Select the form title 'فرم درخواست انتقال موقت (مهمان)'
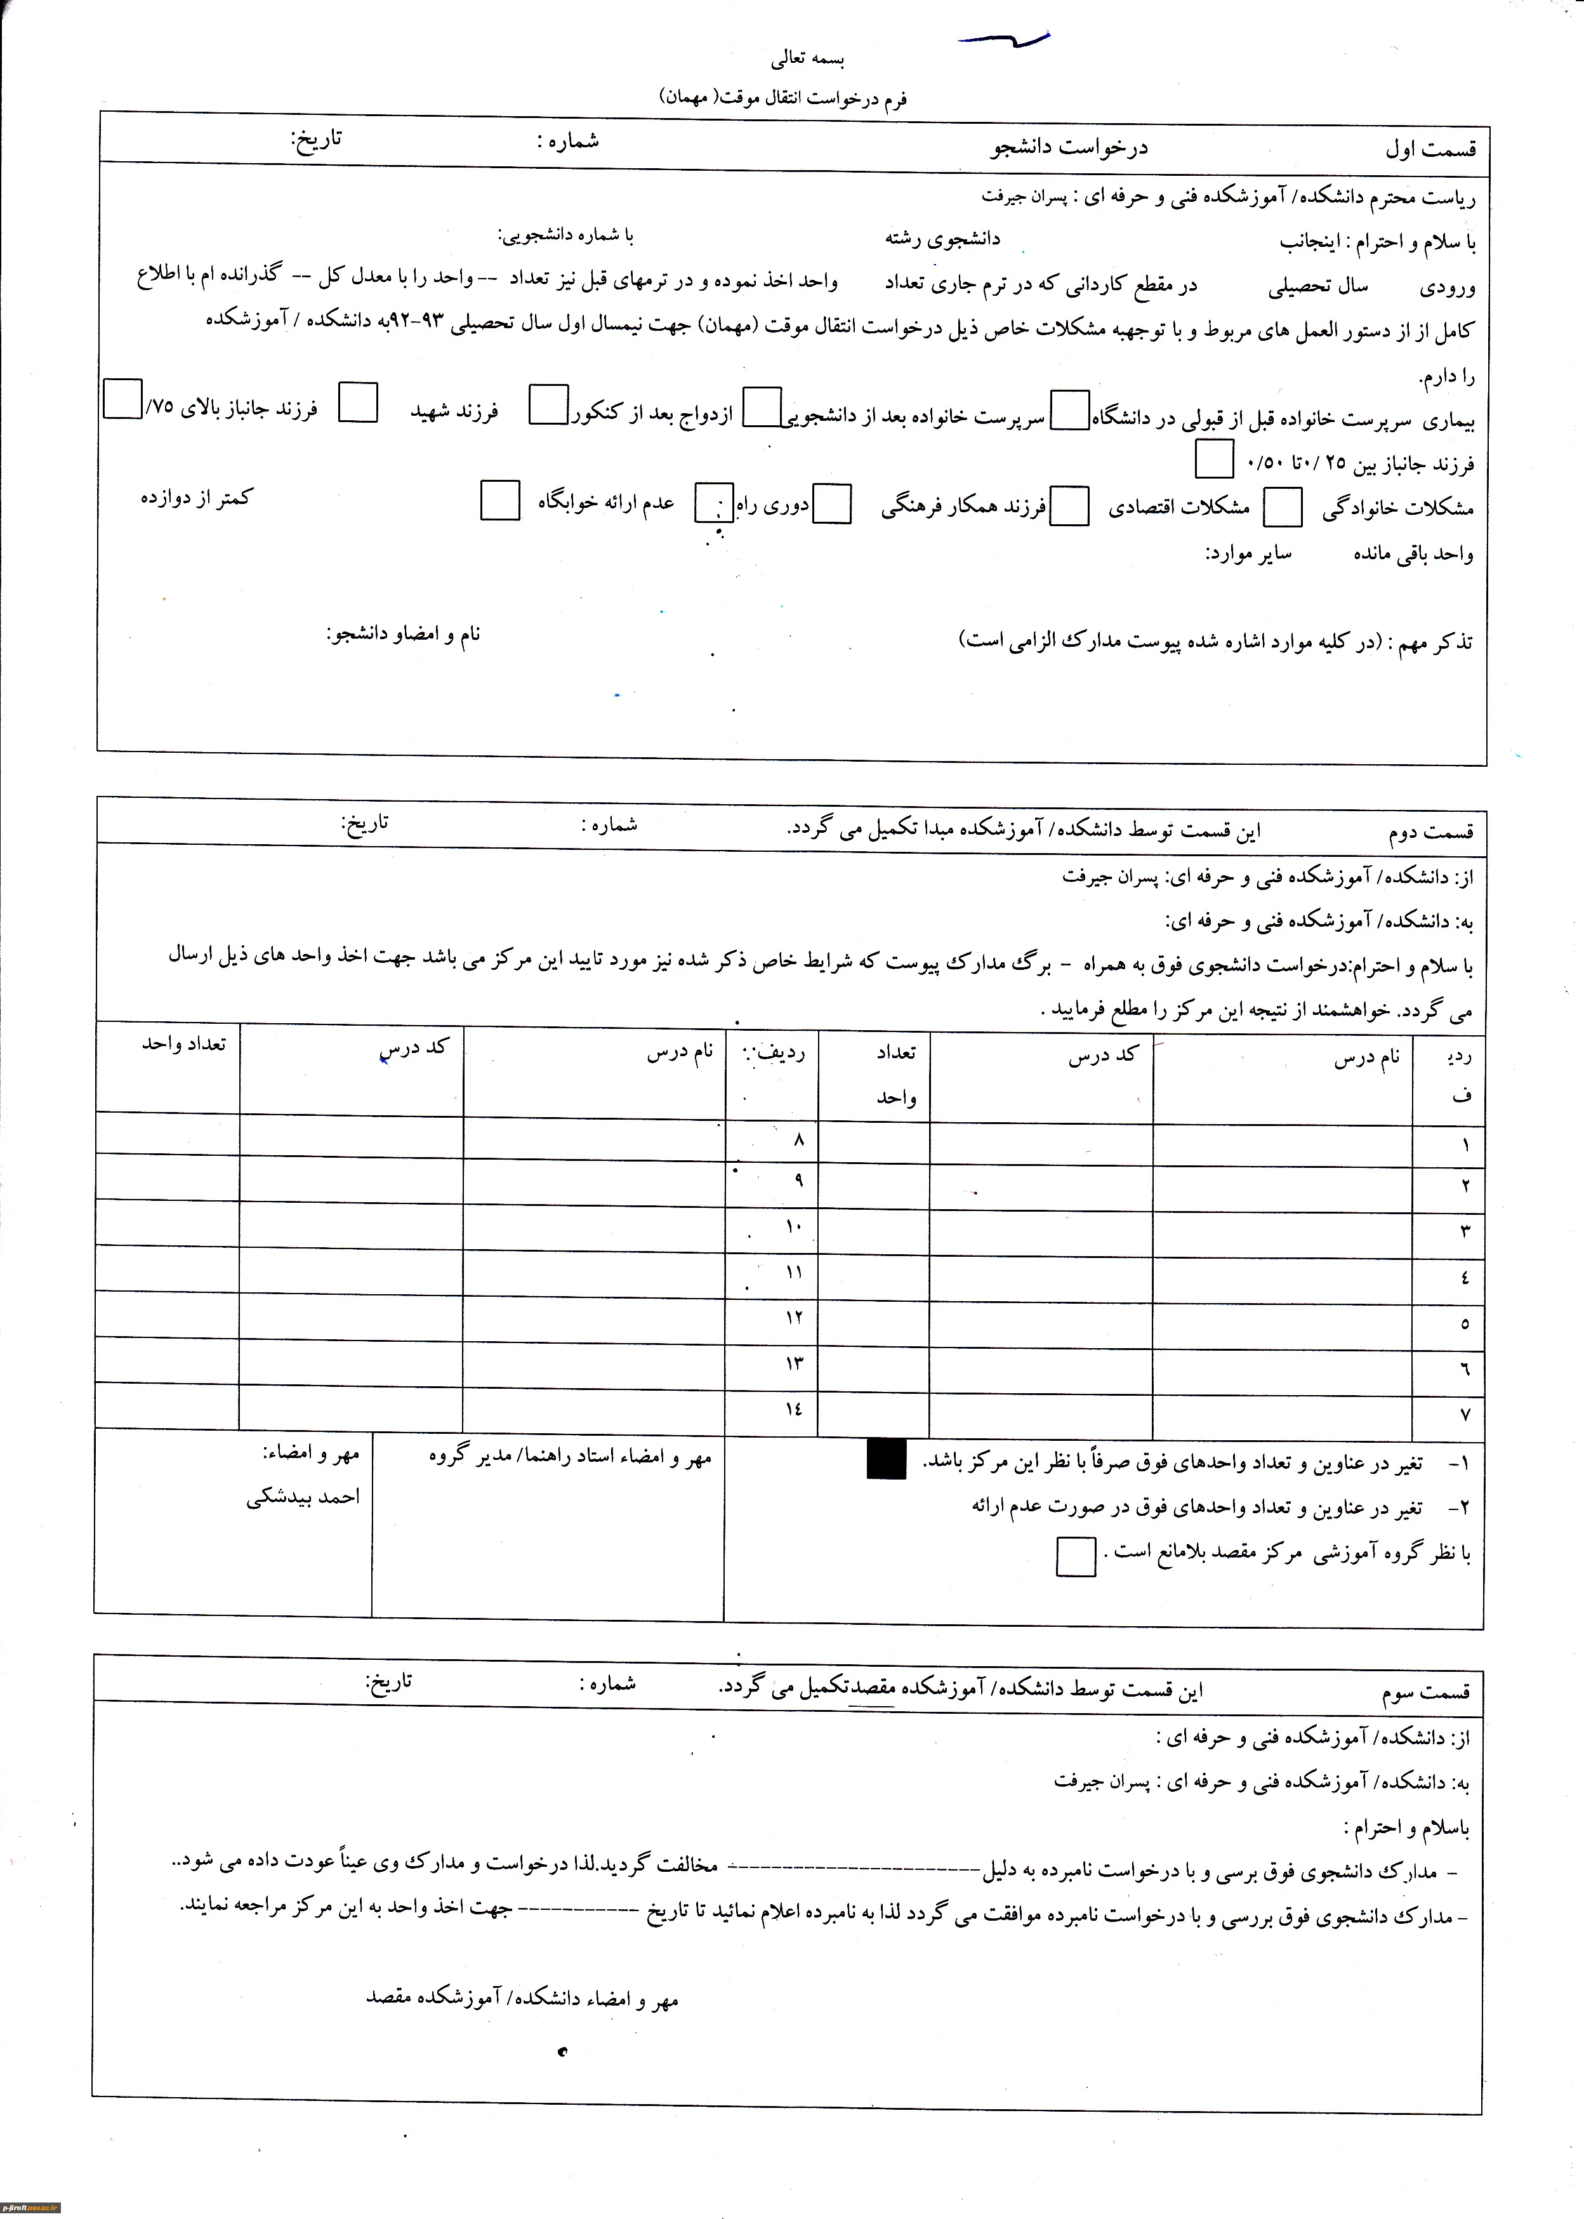pos(783,98)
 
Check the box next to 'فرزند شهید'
pos(358,403)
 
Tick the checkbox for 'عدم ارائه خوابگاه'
pos(500,500)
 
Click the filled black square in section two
pos(886,1459)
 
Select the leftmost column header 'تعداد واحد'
pos(183,1043)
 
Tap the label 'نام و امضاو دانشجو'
pos(403,635)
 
